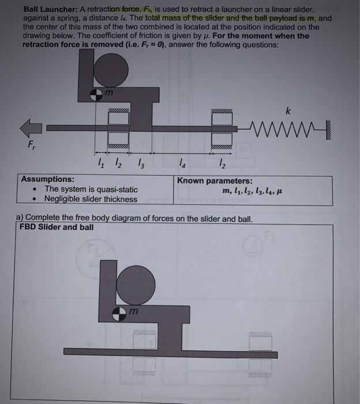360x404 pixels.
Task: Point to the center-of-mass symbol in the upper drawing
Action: point(97,93)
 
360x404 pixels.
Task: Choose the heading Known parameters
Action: point(215,180)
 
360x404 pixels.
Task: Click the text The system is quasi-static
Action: point(91,189)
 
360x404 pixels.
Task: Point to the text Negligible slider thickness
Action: point(91,199)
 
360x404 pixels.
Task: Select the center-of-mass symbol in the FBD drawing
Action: point(119,312)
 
